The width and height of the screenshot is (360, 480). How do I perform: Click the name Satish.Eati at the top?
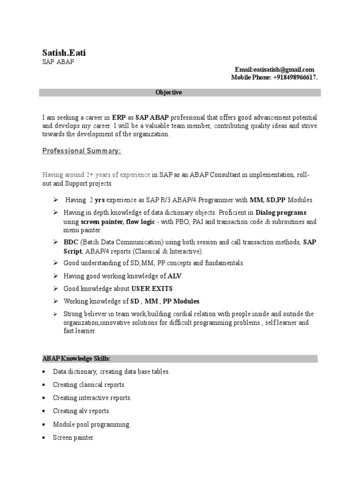point(64,53)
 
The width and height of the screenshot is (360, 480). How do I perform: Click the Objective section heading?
point(169,93)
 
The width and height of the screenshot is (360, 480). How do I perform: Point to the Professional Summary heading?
point(82,151)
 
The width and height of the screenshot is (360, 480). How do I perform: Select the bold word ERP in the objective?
point(119,117)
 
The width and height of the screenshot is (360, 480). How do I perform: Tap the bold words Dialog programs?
point(281,213)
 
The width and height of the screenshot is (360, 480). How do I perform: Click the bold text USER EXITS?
point(152,288)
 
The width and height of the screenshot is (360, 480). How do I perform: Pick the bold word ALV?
point(175,276)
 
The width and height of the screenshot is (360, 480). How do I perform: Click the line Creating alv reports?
point(82,411)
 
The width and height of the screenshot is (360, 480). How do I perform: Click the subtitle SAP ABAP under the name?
point(58,62)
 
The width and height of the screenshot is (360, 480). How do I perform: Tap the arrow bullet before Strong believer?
point(56,314)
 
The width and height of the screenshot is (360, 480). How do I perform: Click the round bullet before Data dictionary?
point(44,372)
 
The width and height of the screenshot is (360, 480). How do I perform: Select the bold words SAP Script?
point(310,242)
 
